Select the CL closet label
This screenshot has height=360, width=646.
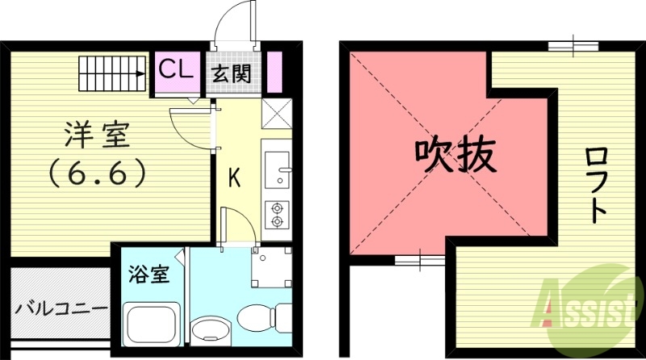pos(176,69)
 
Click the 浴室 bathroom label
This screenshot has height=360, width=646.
pos(149,274)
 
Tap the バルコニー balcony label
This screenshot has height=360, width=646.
pos(61,309)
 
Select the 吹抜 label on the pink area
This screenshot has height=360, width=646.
pos(454,155)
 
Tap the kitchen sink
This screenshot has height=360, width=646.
pos(277,169)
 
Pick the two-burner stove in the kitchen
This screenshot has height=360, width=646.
pos(277,212)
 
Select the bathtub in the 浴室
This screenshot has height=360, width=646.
pos(153,325)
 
